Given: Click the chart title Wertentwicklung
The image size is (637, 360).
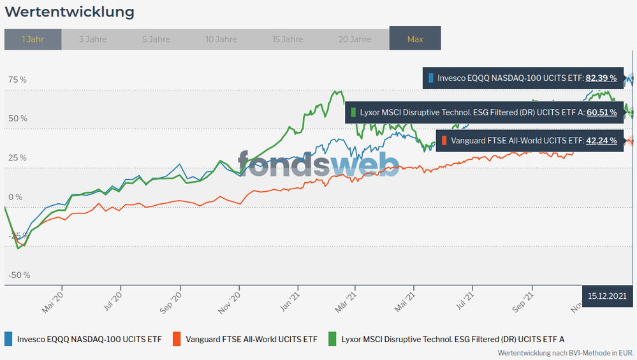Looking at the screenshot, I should (x=70, y=12).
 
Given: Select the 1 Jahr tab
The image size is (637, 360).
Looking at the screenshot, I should (x=33, y=39).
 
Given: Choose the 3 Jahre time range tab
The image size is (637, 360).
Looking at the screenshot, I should (x=93, y=39).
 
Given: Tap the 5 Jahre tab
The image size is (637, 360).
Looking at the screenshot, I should (x=156, y=39).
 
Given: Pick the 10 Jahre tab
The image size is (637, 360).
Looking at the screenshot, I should (x=221, y=39).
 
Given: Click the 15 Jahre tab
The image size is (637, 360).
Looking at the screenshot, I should (x=288, y=39).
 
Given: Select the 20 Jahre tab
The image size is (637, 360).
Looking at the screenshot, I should (x=355, y=39).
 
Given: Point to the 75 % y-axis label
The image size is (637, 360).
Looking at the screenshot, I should (x=18, y=80).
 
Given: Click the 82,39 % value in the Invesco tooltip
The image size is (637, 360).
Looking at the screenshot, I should (x=601, y=78).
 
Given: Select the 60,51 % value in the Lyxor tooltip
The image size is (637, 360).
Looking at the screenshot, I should (x=601, y=112).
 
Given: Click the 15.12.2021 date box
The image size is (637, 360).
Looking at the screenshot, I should (x=607, y=296).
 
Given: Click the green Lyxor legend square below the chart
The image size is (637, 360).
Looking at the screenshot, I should (x=332, y=339).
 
